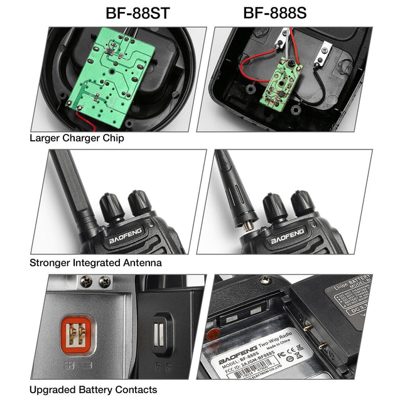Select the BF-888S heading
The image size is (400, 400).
click(x=274, y=13)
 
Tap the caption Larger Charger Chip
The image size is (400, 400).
click(x=77, y=138)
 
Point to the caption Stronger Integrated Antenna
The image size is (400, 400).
click(x=95, y=262)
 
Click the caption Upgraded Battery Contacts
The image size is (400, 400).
click(x=93, y=389)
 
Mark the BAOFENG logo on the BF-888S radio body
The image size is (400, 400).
click(x=288, y=239)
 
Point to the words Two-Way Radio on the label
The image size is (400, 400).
click(x=276, y=354)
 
